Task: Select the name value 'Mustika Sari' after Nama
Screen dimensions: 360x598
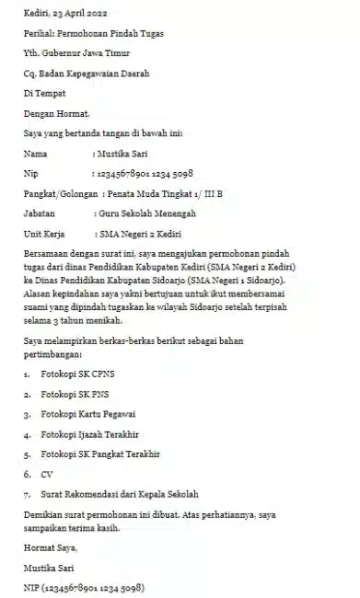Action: click(123, 153)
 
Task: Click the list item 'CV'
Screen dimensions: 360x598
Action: click(47, 475)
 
